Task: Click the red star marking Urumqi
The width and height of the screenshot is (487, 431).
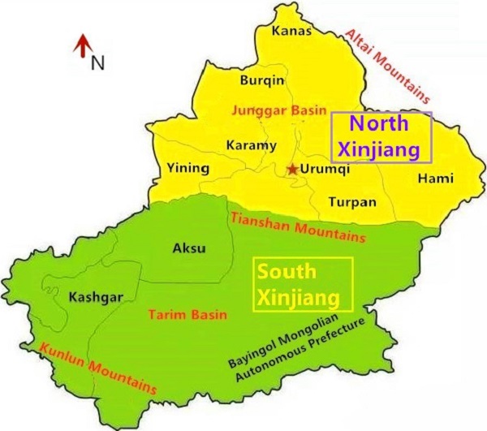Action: click(x=292, y=169)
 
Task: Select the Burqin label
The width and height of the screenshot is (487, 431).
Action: click(x=262, y=80)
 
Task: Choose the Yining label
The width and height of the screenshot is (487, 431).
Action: click(x=187, y=169)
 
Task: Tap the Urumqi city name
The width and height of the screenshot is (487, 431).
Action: click(x=325, y=169)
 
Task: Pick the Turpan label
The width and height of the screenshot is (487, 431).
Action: click(x=352, y=201)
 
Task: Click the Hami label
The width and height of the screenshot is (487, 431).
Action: click(x=429, y=178)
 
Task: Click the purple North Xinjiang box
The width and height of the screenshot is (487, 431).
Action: click(x=381, y=137)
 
